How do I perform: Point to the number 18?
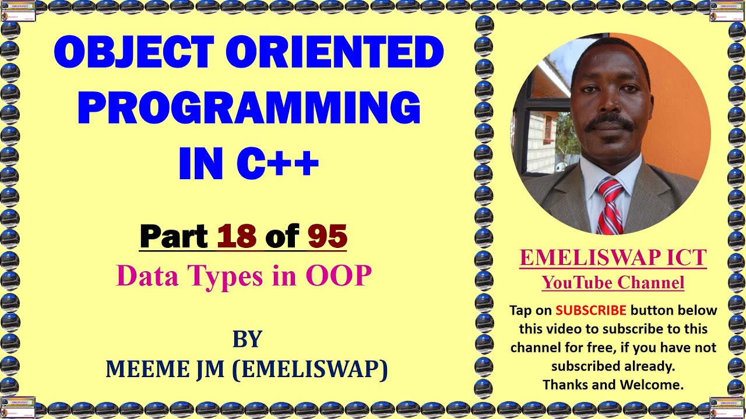[237, 236]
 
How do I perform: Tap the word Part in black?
[174, 236]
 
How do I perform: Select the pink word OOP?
[339, 275]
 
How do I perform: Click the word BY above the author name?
[247, 339]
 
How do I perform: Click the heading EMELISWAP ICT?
[613, 258]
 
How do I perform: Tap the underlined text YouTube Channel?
[613, 283]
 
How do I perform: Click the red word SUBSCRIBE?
[591, 310]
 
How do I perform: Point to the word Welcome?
[654, 385]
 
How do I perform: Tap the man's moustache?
[610, 122]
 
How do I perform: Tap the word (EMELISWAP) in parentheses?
[310, 369]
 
